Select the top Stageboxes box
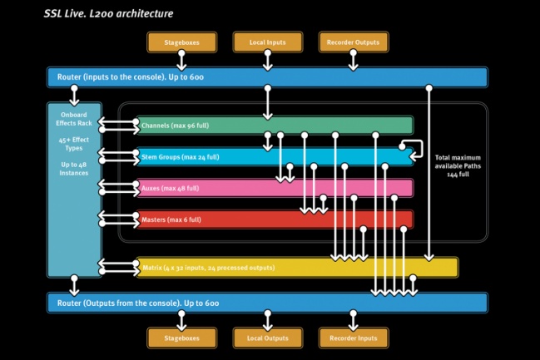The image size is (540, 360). point(181,42)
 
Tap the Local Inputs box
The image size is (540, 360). point(266,42)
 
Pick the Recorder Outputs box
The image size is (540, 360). point(353,42)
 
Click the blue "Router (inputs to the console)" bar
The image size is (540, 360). point(266,77)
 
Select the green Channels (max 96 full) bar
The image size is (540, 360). point(275,126)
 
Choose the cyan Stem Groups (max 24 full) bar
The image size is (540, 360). point(275,156)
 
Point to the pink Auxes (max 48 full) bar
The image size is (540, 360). point(275,188)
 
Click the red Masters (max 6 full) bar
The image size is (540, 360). point(275,219)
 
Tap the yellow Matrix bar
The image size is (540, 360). point(296,267)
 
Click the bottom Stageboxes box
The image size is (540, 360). point(181,338)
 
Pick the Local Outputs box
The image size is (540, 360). point(266,338)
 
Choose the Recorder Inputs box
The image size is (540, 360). point(353,338)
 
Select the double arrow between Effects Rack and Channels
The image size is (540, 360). point(118,126)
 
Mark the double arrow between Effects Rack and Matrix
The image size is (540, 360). point(118,267)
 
